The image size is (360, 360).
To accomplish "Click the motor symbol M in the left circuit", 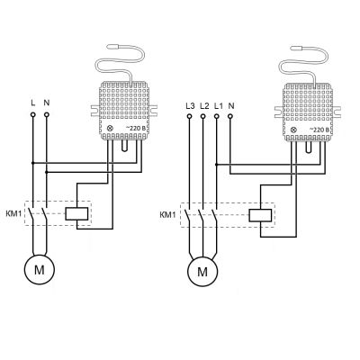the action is pos(40,269).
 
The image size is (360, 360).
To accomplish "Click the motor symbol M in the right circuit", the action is pos(202,271).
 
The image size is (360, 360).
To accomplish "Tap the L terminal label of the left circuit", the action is pos(33,103).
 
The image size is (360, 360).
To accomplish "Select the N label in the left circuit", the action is pos(47,103).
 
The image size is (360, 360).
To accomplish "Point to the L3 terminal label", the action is pos(190,106).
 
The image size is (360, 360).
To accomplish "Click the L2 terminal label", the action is pos(204,106).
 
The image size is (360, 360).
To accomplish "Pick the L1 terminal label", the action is pos(219,106).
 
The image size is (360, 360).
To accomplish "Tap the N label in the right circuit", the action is pos(231,106).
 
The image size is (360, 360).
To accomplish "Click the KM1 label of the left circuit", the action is pos(13,214).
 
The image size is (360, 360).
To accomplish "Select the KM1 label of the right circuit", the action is pos(167,215).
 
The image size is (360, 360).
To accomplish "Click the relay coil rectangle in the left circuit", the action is pos(76,213).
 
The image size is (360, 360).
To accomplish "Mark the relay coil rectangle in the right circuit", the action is pos(260,216).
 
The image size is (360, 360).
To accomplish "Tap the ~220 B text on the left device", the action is pos(137,128).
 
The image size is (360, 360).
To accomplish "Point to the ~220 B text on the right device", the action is pos(319,130).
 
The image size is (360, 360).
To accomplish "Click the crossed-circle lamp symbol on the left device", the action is pos(110,129).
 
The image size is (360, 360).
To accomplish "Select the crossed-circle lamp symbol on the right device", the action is pos(293,130).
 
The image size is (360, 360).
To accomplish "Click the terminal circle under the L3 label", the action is pos(189,116).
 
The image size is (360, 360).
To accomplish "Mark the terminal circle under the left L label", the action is pos(33,114).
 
